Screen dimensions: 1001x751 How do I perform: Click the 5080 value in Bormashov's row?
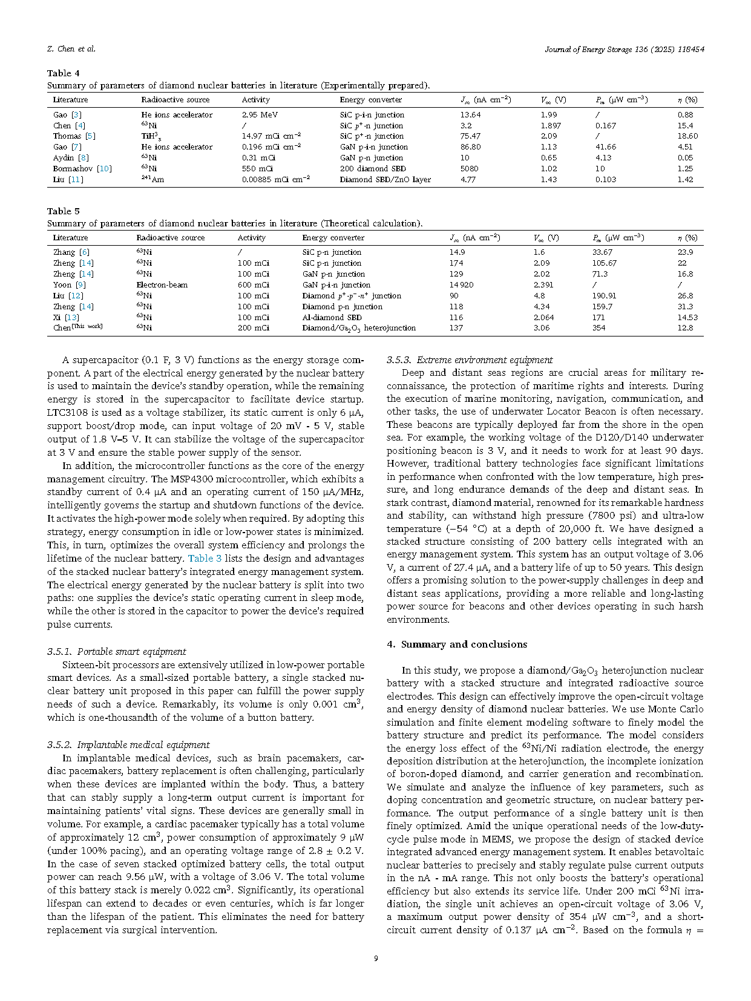(469, 169)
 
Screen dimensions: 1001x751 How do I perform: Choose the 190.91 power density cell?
(604, 296)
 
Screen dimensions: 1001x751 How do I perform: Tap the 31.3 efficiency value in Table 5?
(685, 307)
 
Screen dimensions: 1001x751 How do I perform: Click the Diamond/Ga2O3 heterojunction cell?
(359, 328)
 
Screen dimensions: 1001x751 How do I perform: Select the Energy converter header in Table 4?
(370, 100)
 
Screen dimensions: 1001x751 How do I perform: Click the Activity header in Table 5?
(251, 238)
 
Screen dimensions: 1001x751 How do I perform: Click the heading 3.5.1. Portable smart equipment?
(116, 652)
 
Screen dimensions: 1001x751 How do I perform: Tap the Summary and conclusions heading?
(457, 645)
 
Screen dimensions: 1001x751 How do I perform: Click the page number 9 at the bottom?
(376, 958)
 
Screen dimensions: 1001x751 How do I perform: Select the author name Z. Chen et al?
(71, 49)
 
